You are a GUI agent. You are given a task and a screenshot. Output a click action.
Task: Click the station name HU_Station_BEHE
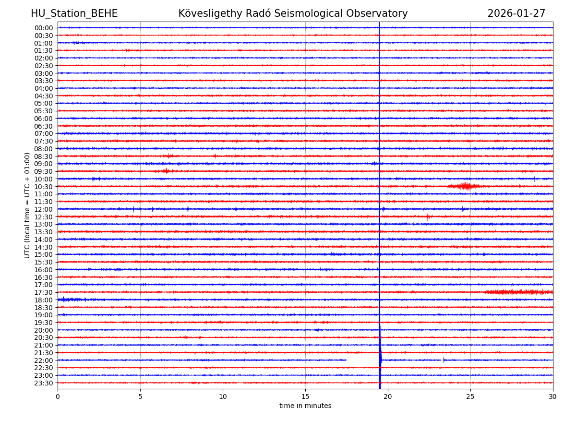pos(74,13)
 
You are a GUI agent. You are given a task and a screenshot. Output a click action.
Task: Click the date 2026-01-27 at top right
pos(516,13)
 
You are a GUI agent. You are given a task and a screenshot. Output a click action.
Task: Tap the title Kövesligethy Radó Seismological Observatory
pos(293,13)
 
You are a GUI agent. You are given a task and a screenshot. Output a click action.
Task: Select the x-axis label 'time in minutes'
pos(305,406)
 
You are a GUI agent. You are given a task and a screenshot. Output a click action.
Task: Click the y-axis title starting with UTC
pos(27,205)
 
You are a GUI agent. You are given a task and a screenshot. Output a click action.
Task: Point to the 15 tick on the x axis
pos(305,396)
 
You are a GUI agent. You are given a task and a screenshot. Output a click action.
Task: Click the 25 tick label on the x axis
pos(470,396)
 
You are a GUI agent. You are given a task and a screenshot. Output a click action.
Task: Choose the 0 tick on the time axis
pos(58,396)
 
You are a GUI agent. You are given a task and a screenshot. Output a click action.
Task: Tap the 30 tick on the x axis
pos(553,396)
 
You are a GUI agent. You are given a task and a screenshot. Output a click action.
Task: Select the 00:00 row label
pos(43,28)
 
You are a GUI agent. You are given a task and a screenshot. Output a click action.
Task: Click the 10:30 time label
pos(43,187)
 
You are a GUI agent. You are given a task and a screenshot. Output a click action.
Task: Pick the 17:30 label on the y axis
pos(43,292)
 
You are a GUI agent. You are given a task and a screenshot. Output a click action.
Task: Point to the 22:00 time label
pos(43,360)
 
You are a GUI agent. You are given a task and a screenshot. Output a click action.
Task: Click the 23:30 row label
pos(43,383)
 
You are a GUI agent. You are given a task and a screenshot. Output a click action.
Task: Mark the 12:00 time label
pos(43,209)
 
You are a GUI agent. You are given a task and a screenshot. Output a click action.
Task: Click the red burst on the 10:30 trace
pos(464,186)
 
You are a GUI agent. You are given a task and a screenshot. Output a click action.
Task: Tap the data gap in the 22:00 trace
pos(362,360)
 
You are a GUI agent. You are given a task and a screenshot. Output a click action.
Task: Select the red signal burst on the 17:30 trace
pos(518,292)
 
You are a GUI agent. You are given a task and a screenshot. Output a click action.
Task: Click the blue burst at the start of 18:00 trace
pos(67,300)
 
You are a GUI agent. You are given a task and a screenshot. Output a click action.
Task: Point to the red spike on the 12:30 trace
pos(428,216)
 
